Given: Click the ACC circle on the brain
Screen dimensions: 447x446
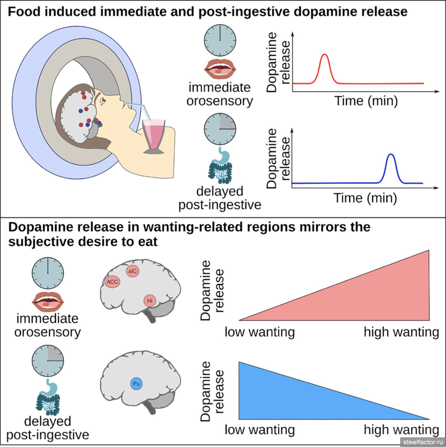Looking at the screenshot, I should tap(112, 282).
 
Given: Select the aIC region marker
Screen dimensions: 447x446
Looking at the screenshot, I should tap(132, 271).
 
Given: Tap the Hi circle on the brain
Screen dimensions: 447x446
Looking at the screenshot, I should tap(150, 301).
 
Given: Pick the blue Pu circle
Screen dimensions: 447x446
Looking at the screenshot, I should tap(136, 384).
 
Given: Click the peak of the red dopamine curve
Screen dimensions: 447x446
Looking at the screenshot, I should tap(325, 55).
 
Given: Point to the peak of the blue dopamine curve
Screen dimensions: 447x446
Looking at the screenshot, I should tap(391, 155).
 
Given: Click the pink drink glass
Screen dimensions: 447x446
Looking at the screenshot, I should tap(153, 136).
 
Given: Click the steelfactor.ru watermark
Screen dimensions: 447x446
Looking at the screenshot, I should tap(423, 442).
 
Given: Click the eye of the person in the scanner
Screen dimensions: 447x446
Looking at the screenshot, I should tap(103, 102).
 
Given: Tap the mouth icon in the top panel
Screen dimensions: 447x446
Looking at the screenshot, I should tap(220, 69).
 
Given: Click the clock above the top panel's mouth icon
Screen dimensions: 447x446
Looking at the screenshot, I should tap(220, 40).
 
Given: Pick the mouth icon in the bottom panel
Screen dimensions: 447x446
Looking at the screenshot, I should tap(47, 302).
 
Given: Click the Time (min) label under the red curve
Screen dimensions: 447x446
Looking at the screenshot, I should tap(366, 101).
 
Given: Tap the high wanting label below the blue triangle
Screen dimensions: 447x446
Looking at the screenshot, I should tap(401, 430).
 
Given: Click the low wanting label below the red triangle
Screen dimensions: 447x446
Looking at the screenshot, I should tap(260, 332).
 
